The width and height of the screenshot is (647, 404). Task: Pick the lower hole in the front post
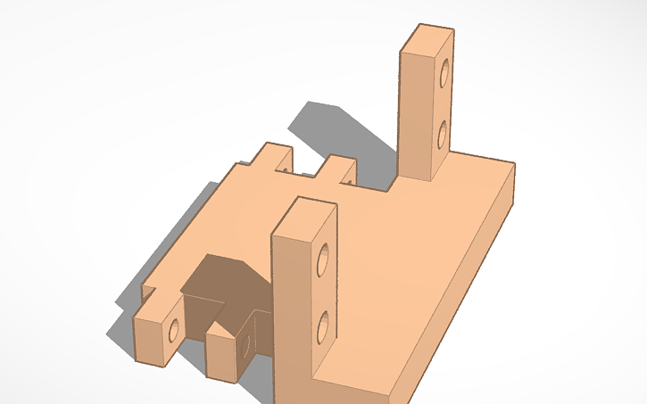point(322,326)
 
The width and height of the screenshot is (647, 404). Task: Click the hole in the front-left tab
point(174,332)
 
